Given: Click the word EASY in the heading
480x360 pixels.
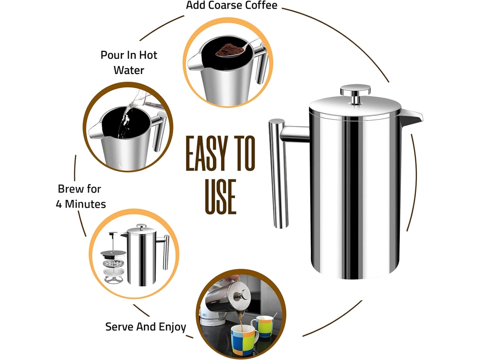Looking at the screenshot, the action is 207,153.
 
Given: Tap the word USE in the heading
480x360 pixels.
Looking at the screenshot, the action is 220,197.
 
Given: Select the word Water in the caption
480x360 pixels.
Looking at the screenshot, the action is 129,70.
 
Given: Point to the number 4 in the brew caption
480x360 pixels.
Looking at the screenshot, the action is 59,204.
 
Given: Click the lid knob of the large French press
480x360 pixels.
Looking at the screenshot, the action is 355,93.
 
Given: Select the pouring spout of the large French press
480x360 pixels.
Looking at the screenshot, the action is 411,118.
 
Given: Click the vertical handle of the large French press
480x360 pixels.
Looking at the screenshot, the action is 278,173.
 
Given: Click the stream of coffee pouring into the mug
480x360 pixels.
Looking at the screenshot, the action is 240,321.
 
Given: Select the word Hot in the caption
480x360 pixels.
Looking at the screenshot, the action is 148,55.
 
